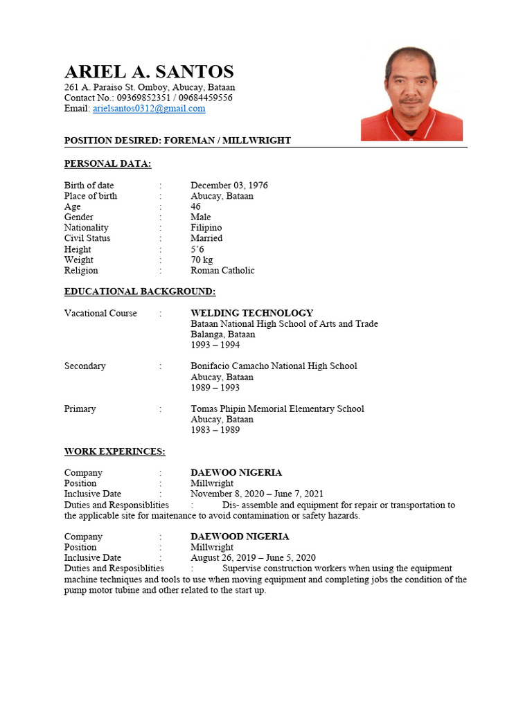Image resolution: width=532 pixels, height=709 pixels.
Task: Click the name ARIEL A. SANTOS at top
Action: pos(149,71)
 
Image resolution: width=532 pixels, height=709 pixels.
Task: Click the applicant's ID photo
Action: pos(411,93)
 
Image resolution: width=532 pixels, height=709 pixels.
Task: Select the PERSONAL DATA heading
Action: pos(107,163)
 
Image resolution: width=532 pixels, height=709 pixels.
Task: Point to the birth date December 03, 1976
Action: pos(229,186)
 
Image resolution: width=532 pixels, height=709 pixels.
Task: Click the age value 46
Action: pos(196,206)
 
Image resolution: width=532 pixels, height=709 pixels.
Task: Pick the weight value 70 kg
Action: pos(202,260)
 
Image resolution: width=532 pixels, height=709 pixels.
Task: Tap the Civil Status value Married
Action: pos(206,238)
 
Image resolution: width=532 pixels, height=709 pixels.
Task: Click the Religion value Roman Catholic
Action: pos(222,270)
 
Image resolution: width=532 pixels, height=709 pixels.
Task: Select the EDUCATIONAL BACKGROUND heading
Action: pos(140,291)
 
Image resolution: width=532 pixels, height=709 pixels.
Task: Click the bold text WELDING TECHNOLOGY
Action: pos(251,313)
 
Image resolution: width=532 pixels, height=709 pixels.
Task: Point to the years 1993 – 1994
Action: pos(215,345)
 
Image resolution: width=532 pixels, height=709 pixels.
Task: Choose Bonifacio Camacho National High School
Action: pos(274,366)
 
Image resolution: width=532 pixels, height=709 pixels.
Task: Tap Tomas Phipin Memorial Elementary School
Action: pos(277,409)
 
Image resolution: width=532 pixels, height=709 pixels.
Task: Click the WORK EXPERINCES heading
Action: pos(114,451)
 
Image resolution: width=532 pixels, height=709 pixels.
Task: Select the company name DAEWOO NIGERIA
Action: pos(236,472)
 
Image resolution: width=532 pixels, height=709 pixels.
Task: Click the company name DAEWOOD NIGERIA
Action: pos(240,537)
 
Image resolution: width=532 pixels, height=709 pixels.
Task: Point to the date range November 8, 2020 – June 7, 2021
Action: pos(257,494)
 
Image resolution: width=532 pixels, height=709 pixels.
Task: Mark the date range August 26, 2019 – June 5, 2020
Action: pos(253,557)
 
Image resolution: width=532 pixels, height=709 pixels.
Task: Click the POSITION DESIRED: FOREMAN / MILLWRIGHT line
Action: pos(177,141)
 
